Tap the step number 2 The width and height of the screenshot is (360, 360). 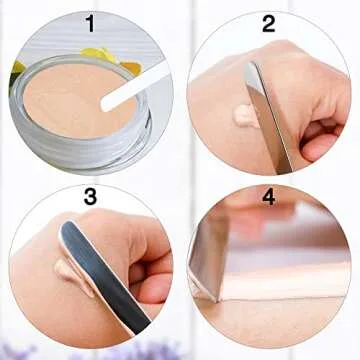(269, 23)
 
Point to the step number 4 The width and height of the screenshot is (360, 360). (268, 197)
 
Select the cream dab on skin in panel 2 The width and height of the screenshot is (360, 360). (243, 115)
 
